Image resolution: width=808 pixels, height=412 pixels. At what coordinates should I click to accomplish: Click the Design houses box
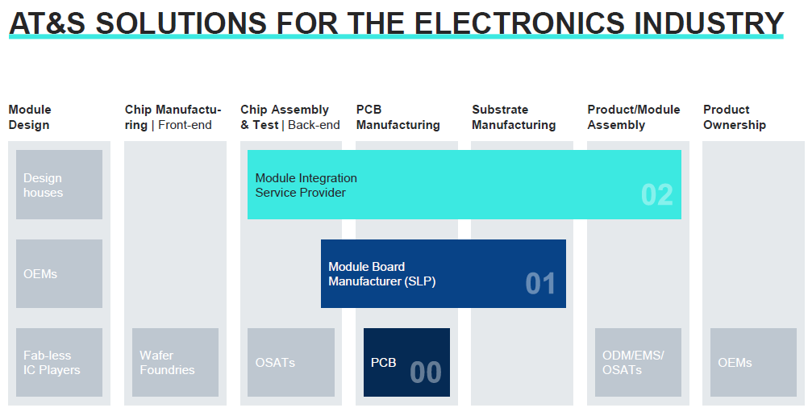coord(59,185)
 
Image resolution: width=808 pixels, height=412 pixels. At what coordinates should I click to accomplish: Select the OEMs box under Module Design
coord(59,273)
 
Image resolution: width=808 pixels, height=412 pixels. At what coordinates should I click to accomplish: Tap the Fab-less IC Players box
coord(59,362)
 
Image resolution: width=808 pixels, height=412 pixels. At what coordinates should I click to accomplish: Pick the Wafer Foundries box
coord(175,362)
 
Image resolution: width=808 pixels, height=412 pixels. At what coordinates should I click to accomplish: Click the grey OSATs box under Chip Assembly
coord(291,362)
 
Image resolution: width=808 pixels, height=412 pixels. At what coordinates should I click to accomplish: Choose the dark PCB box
coord(406,362)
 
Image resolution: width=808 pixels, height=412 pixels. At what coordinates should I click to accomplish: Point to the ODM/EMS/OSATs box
coord(638,362)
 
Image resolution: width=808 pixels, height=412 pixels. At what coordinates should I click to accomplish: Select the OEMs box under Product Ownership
coord(753,362)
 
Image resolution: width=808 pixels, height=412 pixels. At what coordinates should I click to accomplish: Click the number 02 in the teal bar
coord(657,195)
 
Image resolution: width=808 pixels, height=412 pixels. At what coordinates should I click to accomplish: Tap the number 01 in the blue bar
coord(540,284)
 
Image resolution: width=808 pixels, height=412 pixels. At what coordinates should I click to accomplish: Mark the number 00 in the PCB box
coord(426,372)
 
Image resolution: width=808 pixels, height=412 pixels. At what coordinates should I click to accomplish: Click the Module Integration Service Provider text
coord(306,185)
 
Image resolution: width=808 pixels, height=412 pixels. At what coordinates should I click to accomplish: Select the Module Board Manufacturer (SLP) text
coord(382,274)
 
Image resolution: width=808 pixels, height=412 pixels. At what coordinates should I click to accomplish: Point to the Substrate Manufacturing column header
coord(514,118)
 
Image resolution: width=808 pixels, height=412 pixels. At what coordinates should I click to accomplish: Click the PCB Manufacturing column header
coord(398,118)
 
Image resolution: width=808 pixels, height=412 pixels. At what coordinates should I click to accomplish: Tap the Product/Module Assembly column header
coord(634,118)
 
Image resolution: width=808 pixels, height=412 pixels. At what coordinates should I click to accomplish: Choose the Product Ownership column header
coord(735,118)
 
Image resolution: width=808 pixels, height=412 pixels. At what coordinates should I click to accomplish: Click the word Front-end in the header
coord(185,125)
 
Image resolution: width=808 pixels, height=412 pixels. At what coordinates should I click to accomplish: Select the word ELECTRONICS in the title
coord(520,23)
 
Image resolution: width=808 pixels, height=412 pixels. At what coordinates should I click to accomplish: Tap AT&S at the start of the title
coord(48,23)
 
